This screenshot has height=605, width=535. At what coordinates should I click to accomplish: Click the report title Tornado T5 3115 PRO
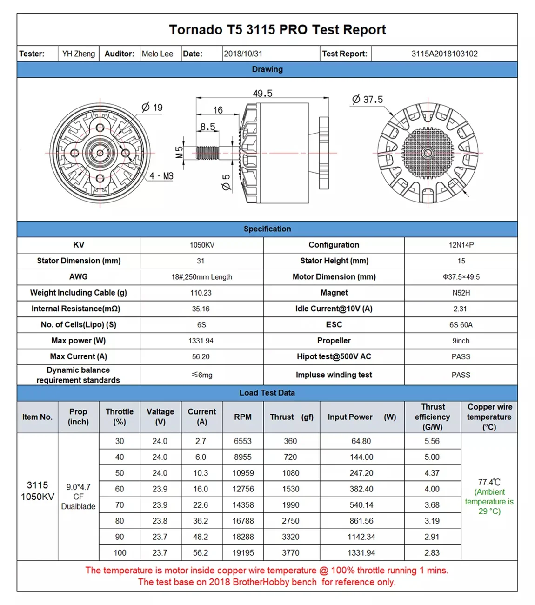click(277, 30)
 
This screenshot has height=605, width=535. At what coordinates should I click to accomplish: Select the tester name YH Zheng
click(79, 54)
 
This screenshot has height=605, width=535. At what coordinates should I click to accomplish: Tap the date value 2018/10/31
click(243, 54)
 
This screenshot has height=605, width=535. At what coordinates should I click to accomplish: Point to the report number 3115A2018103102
click(444, 54)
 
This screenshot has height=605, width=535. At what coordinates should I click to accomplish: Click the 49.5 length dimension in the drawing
click(262, 94)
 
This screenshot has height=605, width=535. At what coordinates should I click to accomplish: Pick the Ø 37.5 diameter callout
click(368, 100)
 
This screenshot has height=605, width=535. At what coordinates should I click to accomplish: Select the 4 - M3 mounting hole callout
click(161, 176)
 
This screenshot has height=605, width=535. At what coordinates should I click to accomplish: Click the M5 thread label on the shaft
click(180, 152)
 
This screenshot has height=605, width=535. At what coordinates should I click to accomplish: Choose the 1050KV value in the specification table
click(202, 245)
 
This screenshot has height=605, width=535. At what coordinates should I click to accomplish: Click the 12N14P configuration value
click(461, 245)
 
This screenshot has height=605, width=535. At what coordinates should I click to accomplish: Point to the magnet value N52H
click(461, 293)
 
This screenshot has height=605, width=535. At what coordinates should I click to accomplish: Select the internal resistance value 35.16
click(201, 309)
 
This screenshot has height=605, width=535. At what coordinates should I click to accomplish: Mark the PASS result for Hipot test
click(461, 357)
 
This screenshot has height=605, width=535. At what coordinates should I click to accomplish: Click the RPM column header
click(243, 417)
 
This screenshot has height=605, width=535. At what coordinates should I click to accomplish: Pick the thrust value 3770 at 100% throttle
click(290, 553)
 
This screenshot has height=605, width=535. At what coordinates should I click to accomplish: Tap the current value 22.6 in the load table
click(201, 505)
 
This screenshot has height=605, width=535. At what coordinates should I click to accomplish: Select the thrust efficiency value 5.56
click(432, 441)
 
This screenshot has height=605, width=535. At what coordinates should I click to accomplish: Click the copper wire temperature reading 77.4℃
click(489, 482)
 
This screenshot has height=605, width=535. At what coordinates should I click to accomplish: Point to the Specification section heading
click(267, 229)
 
